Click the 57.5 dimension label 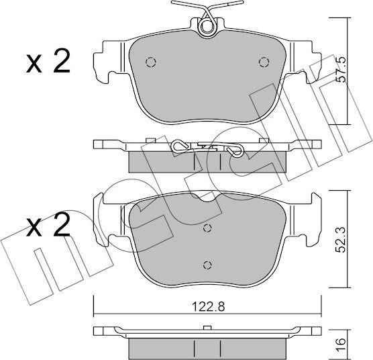(x=341, y=71)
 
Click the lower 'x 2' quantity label (x=48, y=225)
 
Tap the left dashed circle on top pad (x=150, y=62)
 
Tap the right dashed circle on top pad (x=264, y=62)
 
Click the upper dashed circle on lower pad (x=207, y=228)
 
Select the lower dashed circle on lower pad (x=207, y=265)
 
